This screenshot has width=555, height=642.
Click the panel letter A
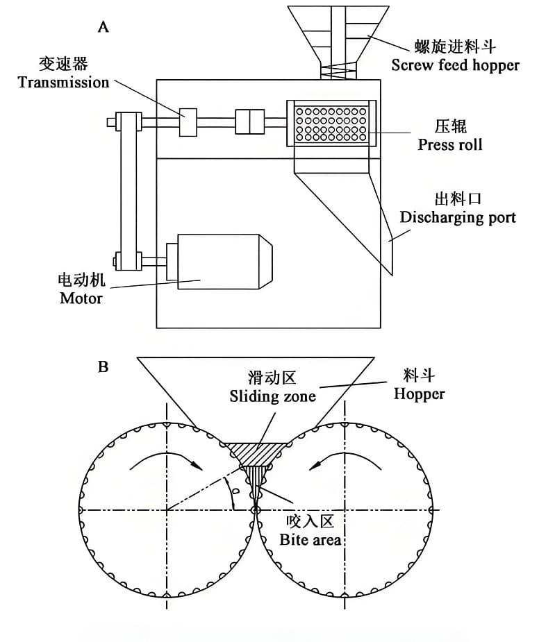tap(103, 27)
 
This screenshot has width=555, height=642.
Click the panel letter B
tap(103, 366)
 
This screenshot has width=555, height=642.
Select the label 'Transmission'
tap(63, 83)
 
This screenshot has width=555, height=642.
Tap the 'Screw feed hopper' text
tap(455, 65)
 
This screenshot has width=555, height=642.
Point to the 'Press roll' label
tap(449, 144)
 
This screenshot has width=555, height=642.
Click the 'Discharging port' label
tap(458, 217)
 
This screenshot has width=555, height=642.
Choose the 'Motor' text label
tap(81, 298)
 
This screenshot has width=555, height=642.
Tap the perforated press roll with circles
tap(331, 124)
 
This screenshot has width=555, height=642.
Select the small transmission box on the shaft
tap(188, 122)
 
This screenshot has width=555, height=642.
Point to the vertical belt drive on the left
tap(129, 191)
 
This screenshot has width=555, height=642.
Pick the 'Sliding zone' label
tap(272, 396)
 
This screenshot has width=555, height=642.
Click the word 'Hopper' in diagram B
tap(419, 394)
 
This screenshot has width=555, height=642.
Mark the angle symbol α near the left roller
tap(235, 492)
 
